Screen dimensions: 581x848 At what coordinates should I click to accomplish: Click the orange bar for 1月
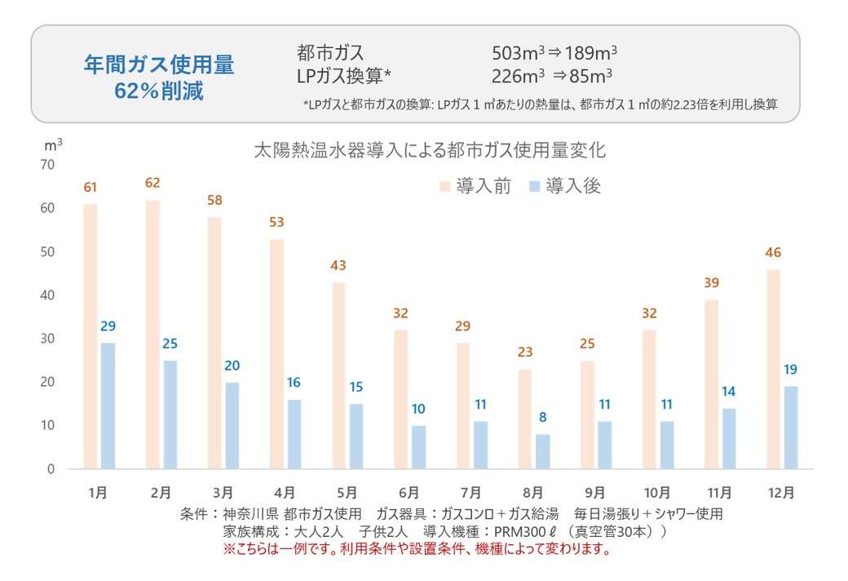pos(91,336)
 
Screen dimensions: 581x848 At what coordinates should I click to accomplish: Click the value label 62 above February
pos(152,183)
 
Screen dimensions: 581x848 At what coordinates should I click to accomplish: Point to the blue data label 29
pos(107,326)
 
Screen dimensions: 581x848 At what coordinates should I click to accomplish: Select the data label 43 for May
pos(338,265)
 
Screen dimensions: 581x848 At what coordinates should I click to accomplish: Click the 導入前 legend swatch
pos(446,186)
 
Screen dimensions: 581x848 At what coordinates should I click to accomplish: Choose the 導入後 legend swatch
pos(536,186)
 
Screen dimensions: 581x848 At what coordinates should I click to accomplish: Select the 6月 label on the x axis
pos(409,493)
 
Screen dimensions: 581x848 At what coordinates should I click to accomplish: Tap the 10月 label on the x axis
pos(657,493)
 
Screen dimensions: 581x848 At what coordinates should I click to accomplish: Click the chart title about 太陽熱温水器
pos(430,151)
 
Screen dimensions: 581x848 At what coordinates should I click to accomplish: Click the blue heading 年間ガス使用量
pos(159,65)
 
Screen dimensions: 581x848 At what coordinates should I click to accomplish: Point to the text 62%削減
pos(159,91)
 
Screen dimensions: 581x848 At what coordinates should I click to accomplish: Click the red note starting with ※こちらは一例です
pos(417,549)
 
